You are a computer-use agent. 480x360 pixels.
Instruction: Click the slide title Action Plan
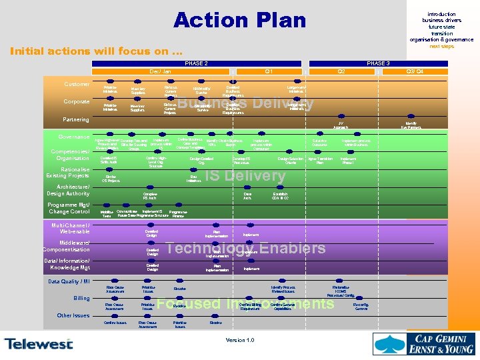click(x=239, y=21)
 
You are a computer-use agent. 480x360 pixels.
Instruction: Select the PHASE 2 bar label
click(x=196, y=63)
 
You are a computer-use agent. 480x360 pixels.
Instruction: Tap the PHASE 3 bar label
click(x=378, y=63)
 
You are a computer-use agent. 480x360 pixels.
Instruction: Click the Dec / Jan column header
click(x=160, y=71)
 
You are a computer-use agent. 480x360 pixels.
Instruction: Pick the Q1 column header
click(x=268, y=71)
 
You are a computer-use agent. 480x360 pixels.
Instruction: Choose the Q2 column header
click(x=341, y=71)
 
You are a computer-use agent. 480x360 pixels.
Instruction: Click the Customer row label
click(x=77, y=85)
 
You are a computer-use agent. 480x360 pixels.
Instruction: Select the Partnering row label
click(x=75, y=120)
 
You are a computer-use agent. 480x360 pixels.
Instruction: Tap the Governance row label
click(x=74, y=137)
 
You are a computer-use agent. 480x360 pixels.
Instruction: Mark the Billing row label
click(x=81, y=298)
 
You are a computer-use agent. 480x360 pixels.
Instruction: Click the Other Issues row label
click(x=73, y=315)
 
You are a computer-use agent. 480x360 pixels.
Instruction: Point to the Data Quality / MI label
click(x=69, y=281)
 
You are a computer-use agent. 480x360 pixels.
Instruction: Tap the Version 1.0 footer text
click(x=240, y=341)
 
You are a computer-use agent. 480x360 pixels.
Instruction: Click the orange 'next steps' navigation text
click(x=441, y=47)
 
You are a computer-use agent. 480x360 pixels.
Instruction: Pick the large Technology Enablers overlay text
click(x=245, y=249)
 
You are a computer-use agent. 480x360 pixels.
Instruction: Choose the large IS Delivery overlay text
click(x=245, y=176)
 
